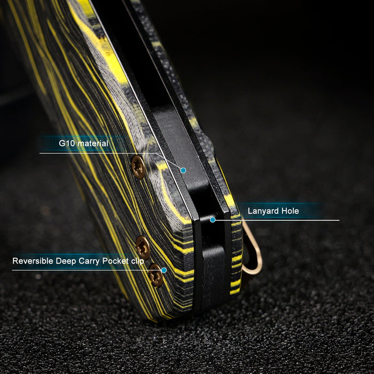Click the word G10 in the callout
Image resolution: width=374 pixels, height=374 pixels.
(x=67, y=143)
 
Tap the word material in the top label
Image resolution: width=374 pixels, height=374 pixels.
(x=93, y=143)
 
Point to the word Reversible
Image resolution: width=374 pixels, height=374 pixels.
(x=33, y=261)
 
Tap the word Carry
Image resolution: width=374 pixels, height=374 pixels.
(x=89, y=261)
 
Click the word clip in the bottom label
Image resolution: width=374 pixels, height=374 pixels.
(x=138, y=261)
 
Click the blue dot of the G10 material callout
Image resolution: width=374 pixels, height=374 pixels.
(x=183, y=170)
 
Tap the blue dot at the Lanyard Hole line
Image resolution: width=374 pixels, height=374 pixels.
(x=213, y=220)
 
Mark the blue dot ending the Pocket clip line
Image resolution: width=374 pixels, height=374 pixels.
(x=164, y=270)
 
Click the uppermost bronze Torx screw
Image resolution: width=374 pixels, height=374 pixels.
(x=138, y=167)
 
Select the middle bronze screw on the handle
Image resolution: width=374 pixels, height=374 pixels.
(x=143, y=247)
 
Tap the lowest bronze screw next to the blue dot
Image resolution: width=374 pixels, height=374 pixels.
(x=156, y=275)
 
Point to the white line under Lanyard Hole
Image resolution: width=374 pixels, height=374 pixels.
(x=276, y=220)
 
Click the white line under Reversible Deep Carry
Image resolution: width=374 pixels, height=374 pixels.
(x=87, y=270)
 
